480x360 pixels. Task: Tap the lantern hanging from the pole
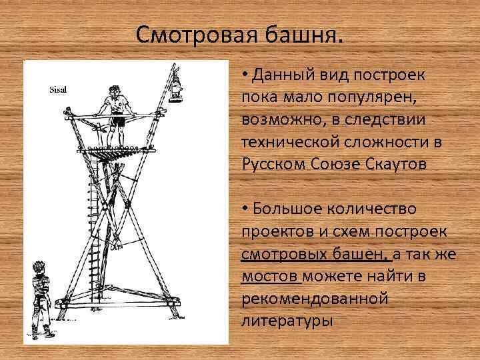click(177, 87)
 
